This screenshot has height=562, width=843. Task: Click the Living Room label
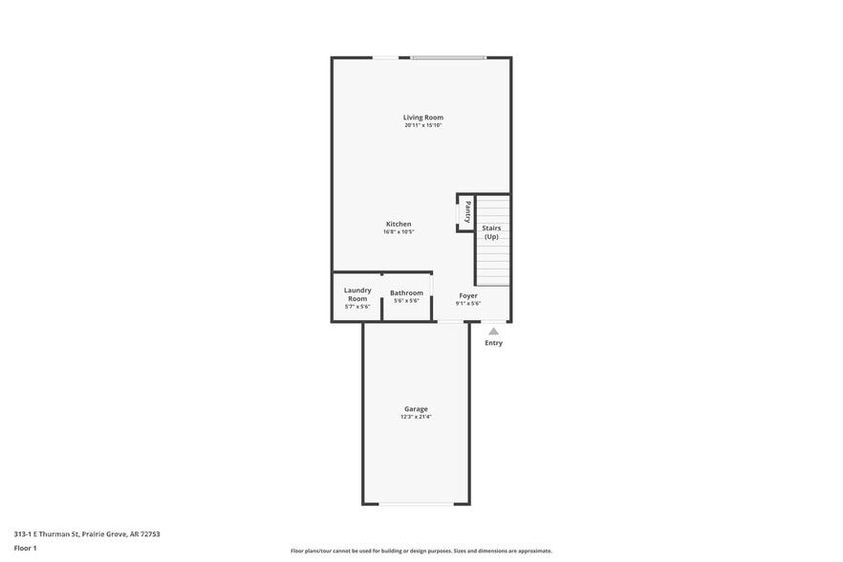click(423, 118)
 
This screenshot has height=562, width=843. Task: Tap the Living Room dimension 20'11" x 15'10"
click(423, 125)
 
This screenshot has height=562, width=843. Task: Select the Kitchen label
click(399, 224)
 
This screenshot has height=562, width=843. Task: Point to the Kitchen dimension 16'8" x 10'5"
click(399, 232)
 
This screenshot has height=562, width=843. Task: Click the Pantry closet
click(465, 212)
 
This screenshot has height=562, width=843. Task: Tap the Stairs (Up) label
click(491, 232)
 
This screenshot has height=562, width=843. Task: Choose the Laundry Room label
click(357, 294)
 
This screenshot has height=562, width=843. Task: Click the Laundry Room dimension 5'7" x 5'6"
click(357, 307)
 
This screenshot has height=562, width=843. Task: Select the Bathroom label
click(406, 293)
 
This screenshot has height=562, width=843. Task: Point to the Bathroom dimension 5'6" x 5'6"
click(406, 301)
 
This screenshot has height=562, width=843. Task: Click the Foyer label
click(468, 295)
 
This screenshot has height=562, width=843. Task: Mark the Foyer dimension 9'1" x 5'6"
click(468, 303)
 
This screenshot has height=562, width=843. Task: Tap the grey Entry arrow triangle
click(493, 332)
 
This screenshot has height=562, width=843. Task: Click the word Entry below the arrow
click(493, 342)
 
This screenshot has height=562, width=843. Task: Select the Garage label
click(416, 409)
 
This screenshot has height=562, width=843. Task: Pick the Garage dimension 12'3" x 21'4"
click(416, 417)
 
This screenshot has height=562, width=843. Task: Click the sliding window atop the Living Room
click(448, 57)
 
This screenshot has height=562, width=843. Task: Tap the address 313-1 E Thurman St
click(46, 534)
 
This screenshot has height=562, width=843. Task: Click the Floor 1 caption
click(25, 549)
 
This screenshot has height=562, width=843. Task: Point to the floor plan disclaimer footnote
click(421, 551)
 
